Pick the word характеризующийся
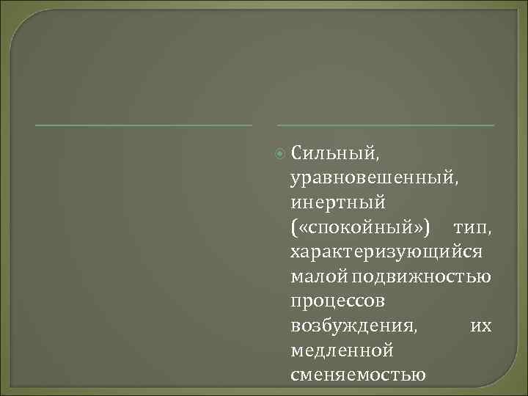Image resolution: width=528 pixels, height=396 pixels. pos(386,252)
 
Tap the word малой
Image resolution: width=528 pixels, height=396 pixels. pos(319,276)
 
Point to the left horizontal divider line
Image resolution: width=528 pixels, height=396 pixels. pos(144,125)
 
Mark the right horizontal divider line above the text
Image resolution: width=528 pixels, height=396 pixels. pos(386,125)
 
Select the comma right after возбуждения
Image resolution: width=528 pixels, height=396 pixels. pos(417,331)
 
